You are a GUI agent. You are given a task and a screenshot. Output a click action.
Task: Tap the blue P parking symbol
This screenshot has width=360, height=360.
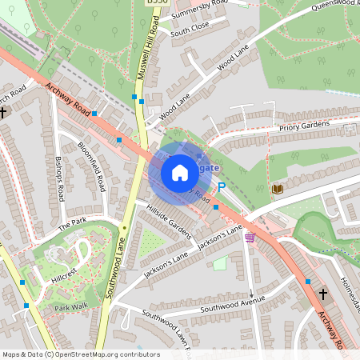coord(222,186)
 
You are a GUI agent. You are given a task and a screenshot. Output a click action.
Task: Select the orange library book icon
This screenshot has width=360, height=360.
coord(278,188)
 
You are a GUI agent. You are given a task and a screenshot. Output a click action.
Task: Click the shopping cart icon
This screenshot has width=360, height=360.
coord(250,237)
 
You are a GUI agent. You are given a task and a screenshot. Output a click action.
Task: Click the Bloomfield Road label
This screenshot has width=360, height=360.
coord(92,166)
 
